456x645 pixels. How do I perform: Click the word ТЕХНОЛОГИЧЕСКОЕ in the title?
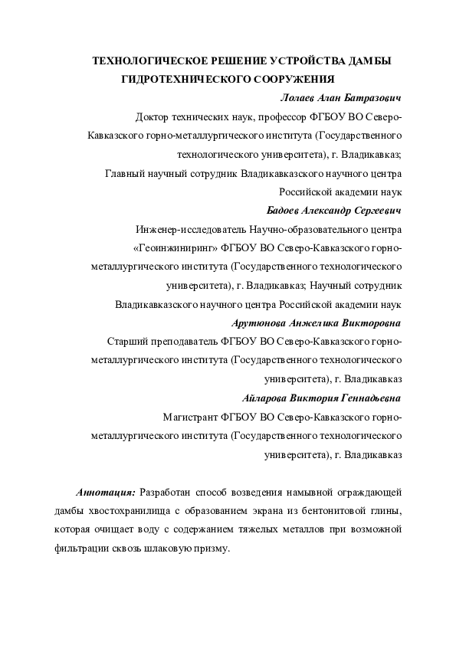pos(141,60)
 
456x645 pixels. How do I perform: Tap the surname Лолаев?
pos(300,99)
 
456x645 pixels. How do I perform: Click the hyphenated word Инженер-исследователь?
pos(190,229)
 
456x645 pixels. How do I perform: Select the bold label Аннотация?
pos(107,492)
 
